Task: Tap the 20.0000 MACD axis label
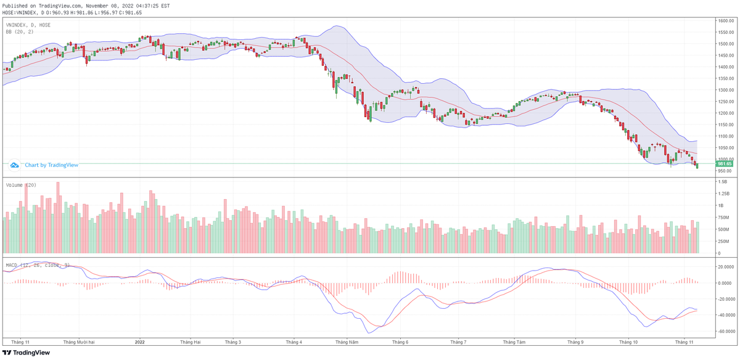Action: (723, 267)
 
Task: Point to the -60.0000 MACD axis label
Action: (723, 331)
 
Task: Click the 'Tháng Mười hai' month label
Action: (79, 342)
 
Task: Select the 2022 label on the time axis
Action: (139, 342)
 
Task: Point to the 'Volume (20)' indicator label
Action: (21, 185)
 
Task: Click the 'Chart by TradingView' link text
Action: (51, 165)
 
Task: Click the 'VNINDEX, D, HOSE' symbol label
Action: (28, 25)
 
